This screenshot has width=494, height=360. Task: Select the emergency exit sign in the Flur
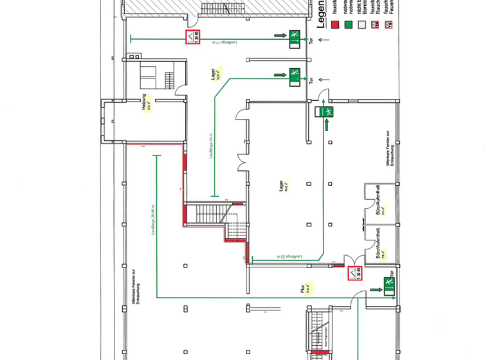click(388, 283)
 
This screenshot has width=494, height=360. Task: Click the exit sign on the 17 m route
click(295, 37)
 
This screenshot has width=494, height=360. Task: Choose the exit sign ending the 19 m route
click(295, 75)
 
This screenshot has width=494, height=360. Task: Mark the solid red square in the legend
click(334, 26)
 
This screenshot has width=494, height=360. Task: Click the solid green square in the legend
click(348, 26)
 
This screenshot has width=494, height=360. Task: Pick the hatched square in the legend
click(361, 26)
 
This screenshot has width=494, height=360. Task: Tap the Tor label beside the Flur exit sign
click(400, 283)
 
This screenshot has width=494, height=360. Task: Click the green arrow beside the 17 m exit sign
click(279, 35)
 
